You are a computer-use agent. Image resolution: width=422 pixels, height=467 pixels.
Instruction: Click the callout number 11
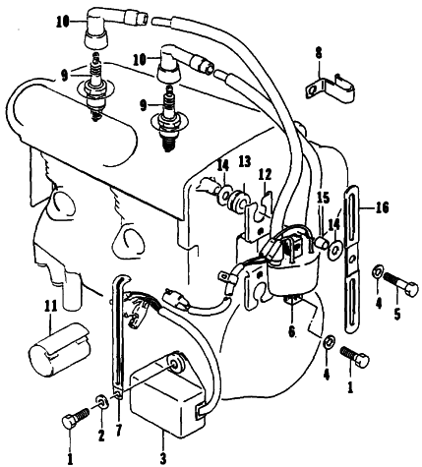tap(50, 307)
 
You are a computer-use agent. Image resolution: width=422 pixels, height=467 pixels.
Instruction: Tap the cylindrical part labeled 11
tap(59, 348)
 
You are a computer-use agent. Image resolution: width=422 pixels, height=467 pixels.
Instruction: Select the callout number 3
tap(163, 456)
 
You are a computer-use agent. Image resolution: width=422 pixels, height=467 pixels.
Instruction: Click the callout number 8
tap(319, 53)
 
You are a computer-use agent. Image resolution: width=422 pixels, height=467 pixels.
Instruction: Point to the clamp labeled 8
tap(330, 88)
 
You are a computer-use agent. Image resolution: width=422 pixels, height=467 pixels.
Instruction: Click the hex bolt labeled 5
tap(401, 284)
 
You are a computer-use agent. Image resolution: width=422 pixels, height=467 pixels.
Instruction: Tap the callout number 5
tap(397, 314)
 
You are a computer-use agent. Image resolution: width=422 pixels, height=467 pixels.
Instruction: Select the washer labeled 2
tap(101, 402)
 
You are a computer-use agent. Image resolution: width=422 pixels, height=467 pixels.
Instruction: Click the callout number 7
tap(118, 430)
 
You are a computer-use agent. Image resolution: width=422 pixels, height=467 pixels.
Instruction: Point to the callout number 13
tap(245, 162)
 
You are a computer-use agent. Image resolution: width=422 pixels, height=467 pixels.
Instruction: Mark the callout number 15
tap(323, 198)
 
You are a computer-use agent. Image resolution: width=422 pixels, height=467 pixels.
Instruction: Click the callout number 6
tap(291, 331)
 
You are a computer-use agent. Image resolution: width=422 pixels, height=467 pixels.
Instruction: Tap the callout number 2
tap(101, 435)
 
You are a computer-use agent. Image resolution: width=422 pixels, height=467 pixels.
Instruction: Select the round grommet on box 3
tap(176, 362)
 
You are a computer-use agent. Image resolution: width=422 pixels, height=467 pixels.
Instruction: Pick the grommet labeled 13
tap(237, 201)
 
